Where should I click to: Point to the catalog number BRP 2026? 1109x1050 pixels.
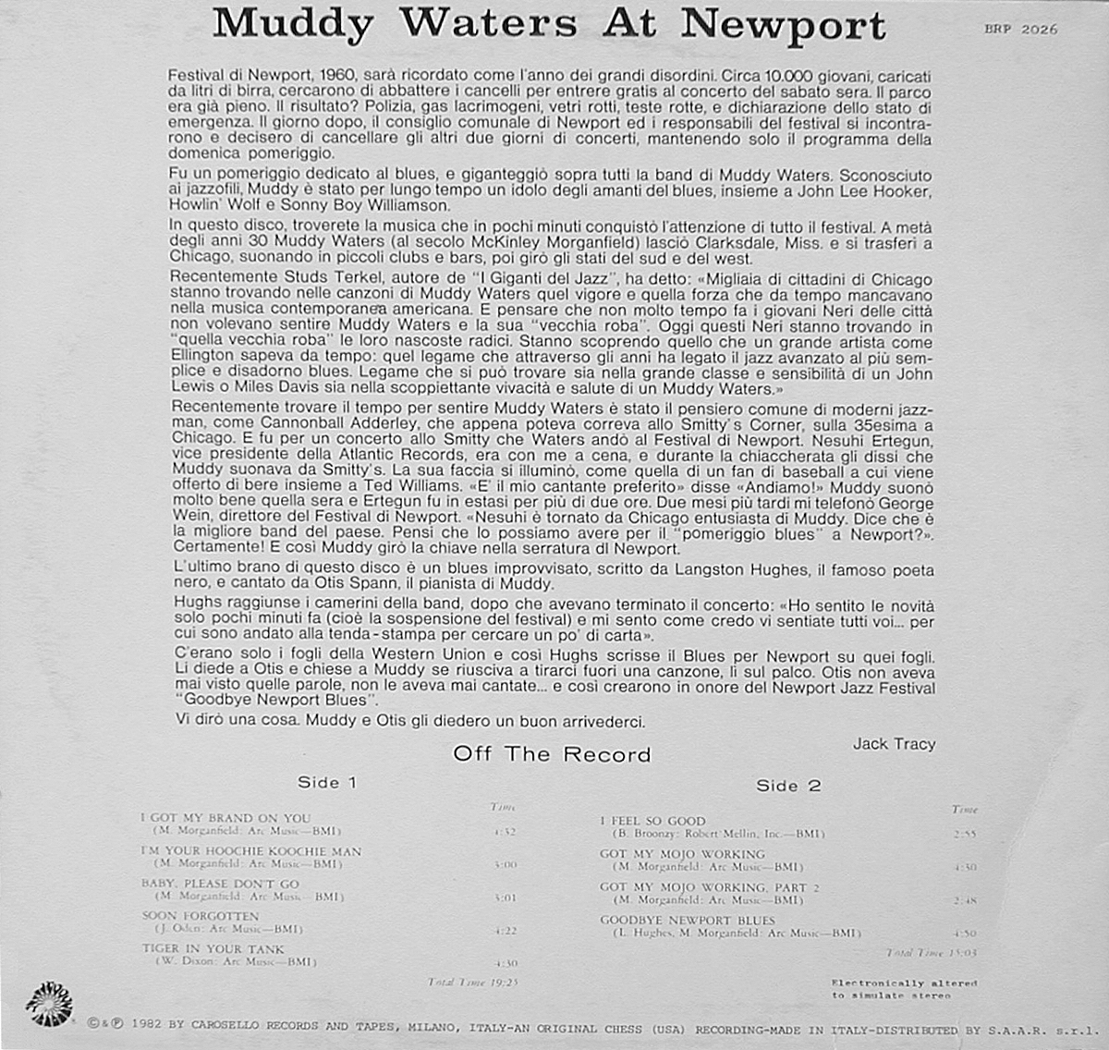click(x=1020, y=30)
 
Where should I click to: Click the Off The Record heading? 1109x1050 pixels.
click(x=552, y=754)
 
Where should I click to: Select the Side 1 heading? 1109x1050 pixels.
click(x=327, y=783)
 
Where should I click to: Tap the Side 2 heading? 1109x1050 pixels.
click(x=788, y=786)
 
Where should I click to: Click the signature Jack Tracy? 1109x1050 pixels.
click(x=894, y=743)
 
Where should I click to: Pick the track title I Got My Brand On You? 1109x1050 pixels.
click(x=225, y=818)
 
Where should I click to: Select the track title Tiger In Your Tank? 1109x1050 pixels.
click(x=213, y=948)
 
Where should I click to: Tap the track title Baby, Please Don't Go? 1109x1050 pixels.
click(x=220, y=884)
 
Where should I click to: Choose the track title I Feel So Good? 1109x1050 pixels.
click(x=652, y=821)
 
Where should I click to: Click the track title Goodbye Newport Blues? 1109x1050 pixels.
click(x=688, y=921)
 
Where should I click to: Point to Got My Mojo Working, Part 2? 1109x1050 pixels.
click(x=710, y=887)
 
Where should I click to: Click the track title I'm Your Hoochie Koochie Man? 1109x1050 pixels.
click(x=250, y=850)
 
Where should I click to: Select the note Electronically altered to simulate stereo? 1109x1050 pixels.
click(x=903, y=989)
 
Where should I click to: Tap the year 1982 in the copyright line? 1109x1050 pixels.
click(x=148, y=1025)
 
